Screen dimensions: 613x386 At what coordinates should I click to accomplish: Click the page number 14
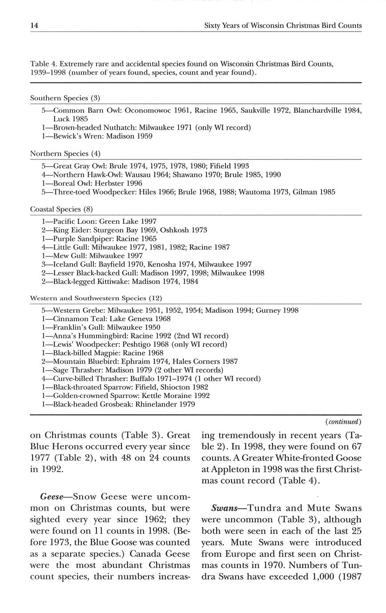pos(34,26)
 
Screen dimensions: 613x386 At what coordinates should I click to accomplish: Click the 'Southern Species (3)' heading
pos(65,98)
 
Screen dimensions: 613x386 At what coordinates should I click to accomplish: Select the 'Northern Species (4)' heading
pos(65,154)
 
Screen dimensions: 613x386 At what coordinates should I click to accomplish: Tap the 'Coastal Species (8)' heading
pos(61,209)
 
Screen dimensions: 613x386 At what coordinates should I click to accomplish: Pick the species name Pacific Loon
pos(73,221)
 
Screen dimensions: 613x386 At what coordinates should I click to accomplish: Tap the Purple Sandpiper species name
pos(82,239)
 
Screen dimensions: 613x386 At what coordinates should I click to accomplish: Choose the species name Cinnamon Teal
pos(77,319)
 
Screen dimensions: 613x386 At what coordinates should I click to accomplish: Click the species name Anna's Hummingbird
pos(90,336)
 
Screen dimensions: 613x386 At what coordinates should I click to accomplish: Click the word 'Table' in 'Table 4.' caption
pos(40,64)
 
